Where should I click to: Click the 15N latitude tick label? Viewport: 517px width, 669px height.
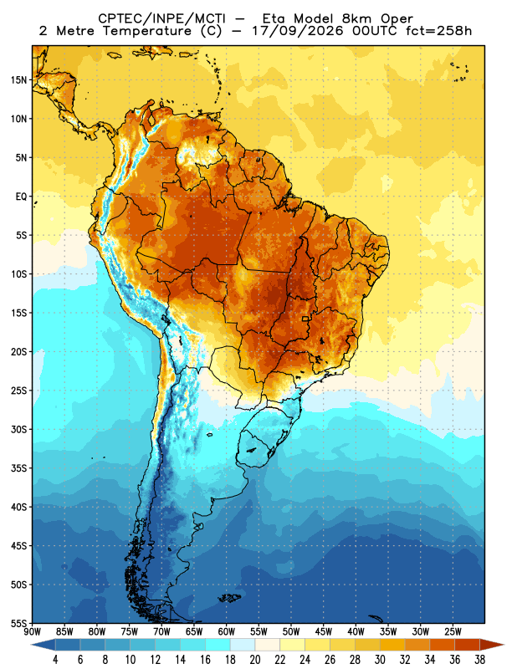coord(18,79)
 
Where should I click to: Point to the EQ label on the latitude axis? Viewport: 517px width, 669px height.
coord(22,197)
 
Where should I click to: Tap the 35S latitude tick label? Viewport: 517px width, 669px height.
coord(18,468)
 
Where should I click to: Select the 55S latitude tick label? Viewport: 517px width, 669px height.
coord(18,623)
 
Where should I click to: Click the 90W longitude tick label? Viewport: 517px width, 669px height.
coord(32,631)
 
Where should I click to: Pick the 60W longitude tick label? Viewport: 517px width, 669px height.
coord(226,631)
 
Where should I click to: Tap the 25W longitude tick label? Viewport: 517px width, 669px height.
coord(453,631)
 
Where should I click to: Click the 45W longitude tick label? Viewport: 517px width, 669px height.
coord(323,631)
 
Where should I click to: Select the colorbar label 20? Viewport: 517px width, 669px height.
coord(255,660)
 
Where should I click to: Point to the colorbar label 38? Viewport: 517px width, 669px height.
coord(480,660)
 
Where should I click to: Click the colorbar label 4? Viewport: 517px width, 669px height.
coord(55,660)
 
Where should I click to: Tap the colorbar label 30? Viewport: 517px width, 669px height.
coord(380,660)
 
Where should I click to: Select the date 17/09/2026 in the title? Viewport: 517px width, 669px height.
coord(297,31)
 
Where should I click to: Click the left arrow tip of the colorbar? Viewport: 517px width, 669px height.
coord(32,645)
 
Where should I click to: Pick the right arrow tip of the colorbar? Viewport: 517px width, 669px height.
coord(504,645)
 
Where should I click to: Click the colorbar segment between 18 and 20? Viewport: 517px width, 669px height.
coord(243,645)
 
